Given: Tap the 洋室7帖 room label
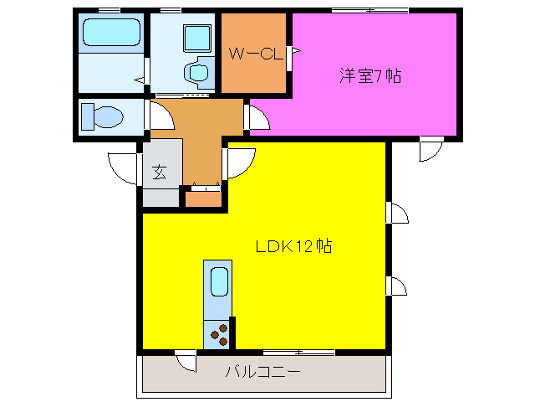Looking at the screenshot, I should point(369,76).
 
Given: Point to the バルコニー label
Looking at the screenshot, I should point(262,371).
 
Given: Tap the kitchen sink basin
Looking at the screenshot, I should point(218,281).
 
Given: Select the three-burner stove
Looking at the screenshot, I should point(218,334).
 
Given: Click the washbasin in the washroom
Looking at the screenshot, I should point(199,70).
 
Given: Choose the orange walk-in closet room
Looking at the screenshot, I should point(254,71).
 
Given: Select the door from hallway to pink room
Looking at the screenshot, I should point(258,117).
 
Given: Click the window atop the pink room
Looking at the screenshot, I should point(369,10).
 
